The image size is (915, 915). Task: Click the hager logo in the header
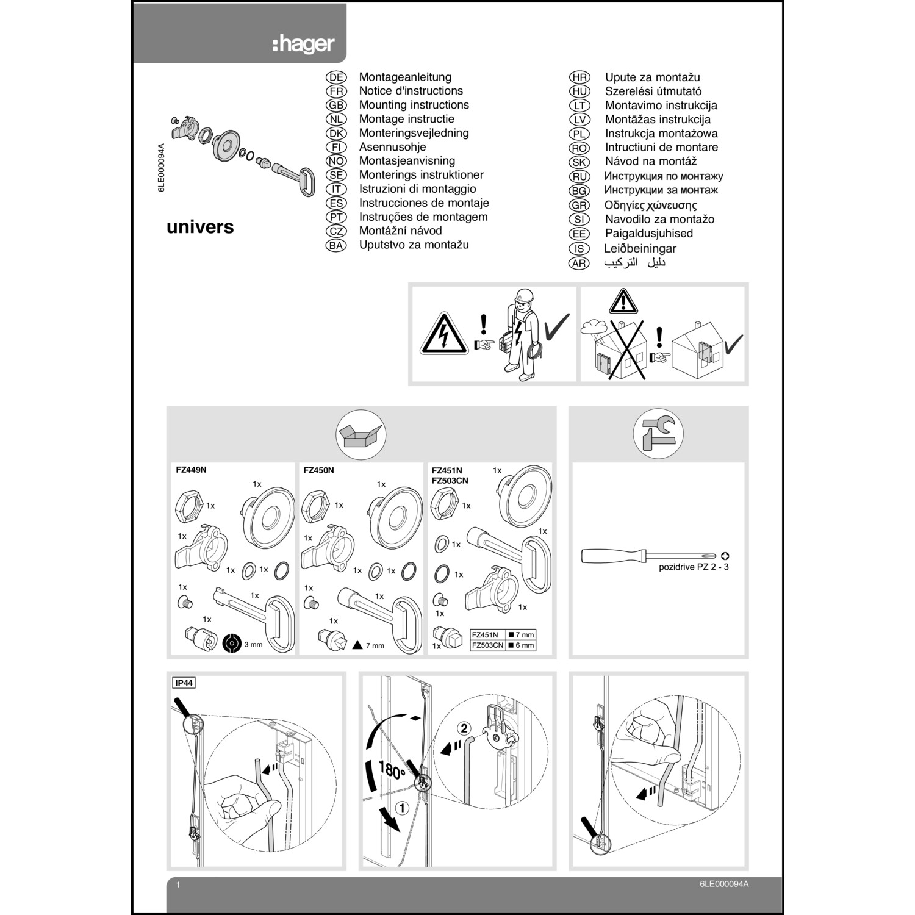pos(303,44)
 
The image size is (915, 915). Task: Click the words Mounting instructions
pos(414,105)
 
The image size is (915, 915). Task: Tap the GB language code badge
pos(336,106)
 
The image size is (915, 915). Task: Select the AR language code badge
pos(579,264)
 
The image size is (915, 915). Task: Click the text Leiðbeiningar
pos(640,248)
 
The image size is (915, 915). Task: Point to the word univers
pos(200,227)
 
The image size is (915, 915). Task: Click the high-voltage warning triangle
pos(444,334)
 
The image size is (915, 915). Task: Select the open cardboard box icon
pos(361,435)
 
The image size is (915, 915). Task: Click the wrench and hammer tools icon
pos(658,434)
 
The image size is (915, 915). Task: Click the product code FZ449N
pos(191,470)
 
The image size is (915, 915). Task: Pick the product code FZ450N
pos(318,470)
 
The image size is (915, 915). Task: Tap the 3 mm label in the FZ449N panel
pos(253,645)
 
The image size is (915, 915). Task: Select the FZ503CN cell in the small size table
pos(487,645)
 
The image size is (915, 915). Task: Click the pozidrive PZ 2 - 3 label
pos(694,567)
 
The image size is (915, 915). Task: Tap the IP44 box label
pos(184,683)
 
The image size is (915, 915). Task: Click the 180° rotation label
pos(392,770)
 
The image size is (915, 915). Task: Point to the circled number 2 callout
pos(464,728)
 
